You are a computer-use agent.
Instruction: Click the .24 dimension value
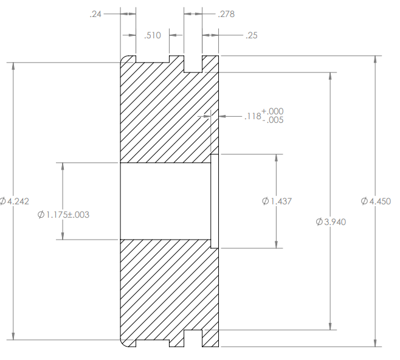95,14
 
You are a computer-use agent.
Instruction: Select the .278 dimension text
226,14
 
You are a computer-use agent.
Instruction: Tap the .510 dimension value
153,35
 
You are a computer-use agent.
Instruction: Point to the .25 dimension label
252,35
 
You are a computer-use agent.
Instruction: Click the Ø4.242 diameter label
15,201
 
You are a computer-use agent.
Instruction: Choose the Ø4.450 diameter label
376,201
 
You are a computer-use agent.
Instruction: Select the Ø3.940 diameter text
331,222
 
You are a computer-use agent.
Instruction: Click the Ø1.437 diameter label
277,201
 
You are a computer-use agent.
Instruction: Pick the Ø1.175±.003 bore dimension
63,215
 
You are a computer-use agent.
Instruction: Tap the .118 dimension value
252,116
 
